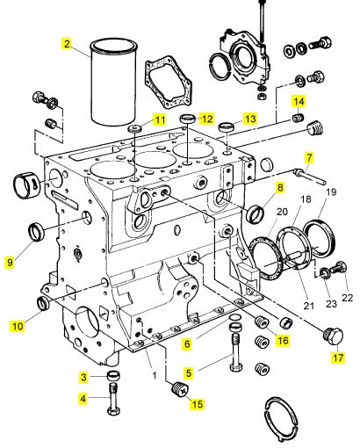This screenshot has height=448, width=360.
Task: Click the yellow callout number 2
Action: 67,44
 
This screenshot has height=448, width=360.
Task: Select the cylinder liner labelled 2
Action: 113,83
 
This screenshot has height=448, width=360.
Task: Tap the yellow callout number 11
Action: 160,119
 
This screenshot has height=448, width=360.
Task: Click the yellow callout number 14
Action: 299,102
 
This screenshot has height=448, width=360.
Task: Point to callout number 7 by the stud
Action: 309,157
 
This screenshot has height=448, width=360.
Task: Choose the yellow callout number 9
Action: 10,262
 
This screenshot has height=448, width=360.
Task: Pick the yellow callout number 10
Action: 18,326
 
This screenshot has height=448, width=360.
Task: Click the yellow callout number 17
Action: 338,358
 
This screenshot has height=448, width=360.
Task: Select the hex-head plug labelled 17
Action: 333,336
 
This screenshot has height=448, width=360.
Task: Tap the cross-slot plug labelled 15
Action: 180,389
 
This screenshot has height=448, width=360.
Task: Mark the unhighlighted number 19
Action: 331,192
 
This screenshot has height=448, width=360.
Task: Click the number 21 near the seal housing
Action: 308,306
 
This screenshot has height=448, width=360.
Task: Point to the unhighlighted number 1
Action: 155,375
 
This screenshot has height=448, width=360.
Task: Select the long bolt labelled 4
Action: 114,398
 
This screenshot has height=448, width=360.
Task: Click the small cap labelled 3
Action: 113,375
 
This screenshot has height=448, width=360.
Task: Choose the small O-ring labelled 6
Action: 235,317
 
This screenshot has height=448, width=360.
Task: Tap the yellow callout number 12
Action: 207,119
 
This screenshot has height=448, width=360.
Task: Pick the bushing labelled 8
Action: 256,213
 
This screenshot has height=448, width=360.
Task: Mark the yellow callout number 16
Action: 283,340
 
